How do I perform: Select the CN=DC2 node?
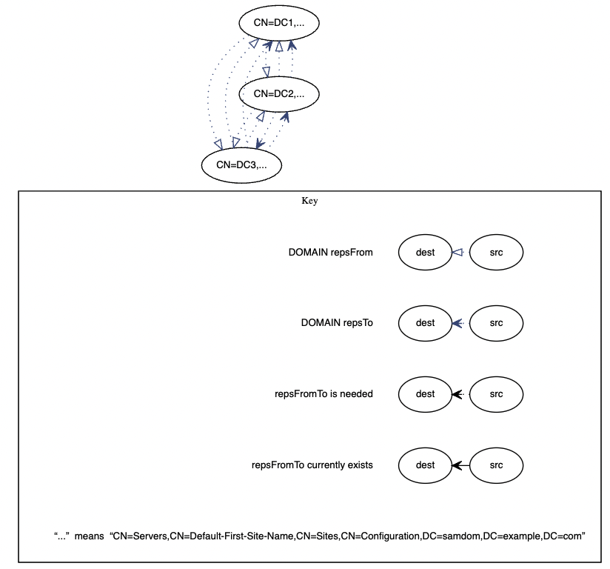click(279, 93)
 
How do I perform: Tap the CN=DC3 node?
click(241, 164)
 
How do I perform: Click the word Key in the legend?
click(309, 201)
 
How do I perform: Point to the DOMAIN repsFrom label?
click(330, 253)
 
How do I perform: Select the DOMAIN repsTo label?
click(337, 323)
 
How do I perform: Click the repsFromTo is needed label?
click(324, 394)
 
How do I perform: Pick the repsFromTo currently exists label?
click(312, 465)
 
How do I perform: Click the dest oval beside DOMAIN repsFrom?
click(425, 253)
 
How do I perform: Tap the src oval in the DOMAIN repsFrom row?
click(496, 253)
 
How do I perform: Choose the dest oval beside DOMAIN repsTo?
click(425, 323)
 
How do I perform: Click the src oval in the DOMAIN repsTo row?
click(496, 323)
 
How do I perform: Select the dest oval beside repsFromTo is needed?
click(425, 394)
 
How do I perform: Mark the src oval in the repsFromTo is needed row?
click(496, 394)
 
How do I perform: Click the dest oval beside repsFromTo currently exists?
click(425, 465)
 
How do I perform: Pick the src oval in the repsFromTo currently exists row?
click(496, 465)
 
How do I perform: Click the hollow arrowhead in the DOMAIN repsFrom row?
click(457, 253)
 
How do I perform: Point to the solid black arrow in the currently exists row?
click(459, 465)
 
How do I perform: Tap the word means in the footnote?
click(89, 536)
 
